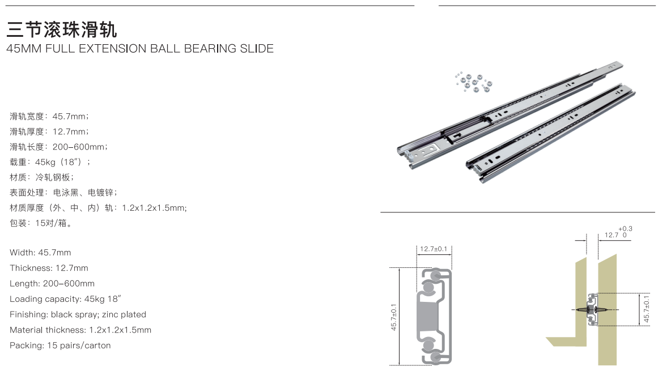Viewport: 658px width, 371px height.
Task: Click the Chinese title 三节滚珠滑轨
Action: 62,30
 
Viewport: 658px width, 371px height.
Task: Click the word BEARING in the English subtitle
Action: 210,49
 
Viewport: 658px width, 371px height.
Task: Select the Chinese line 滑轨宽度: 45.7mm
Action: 49,116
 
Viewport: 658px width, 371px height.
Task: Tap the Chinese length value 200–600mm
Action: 79,147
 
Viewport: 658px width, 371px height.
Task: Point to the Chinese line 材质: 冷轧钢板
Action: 42,177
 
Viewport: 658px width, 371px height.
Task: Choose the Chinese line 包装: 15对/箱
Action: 41,223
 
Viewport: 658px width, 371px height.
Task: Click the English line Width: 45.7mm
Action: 40,253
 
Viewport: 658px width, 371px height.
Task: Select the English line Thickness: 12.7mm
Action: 49,268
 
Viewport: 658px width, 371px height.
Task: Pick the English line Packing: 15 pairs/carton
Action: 60,346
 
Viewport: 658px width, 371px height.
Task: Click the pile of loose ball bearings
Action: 473,82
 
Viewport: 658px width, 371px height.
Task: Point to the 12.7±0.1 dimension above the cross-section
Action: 434,249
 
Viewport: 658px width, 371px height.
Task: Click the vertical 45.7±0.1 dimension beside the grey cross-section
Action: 394,317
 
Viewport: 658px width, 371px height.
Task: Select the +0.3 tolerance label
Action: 625,228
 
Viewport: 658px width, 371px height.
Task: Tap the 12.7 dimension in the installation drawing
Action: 612,235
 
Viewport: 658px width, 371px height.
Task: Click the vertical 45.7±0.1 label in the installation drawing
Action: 646,309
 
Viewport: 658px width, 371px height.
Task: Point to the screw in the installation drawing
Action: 592,310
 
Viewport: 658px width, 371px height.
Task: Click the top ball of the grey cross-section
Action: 435,275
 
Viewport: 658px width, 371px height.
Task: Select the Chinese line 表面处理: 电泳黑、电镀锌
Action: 63,193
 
